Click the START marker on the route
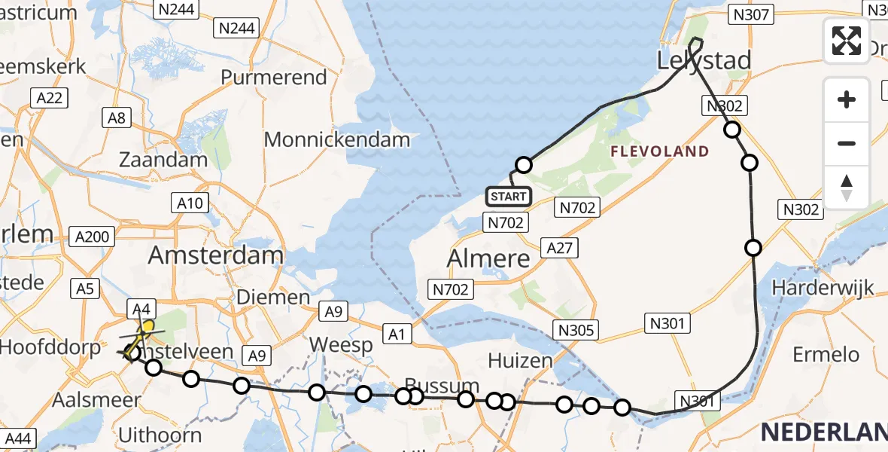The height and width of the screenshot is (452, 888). (x=509, y=197)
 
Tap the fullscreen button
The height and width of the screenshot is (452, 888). (x=847, y=41)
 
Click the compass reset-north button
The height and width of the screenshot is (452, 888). (x=847, y=188)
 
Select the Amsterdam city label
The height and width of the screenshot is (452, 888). (x=215, y=255)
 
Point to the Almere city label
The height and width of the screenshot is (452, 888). (x=488, y=258)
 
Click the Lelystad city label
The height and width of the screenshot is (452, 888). (x=704, y=60)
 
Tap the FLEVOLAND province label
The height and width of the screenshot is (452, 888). (x=659, y=151)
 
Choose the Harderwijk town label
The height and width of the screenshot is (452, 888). (x=823, y=287)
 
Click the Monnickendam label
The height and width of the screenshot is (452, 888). (x=337, y=139)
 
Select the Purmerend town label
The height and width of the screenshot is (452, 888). (x=274, y=78)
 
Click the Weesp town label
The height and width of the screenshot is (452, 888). (x=341, y=345)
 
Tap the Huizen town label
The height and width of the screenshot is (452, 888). (x=520, y=360)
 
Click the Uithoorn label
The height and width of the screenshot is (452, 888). (x=160, y=435)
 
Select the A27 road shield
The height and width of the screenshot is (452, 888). (x=560, y=248)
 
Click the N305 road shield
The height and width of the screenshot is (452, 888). (x=576, y=329)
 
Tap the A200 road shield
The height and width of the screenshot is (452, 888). (x=93, y=237)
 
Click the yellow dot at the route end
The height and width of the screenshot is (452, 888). (x=148, y=327)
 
